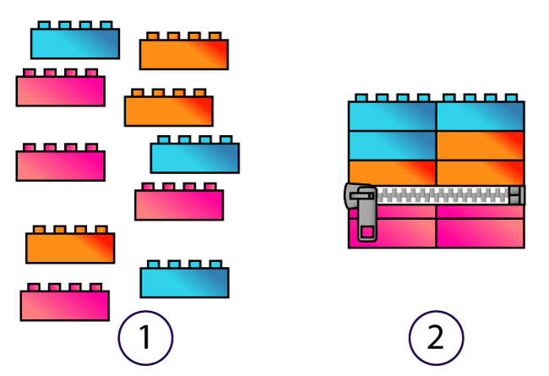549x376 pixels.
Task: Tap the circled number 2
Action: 436,338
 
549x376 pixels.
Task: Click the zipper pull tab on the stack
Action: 367,218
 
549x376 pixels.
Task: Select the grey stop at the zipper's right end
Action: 516,196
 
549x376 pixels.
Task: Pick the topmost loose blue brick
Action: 75,43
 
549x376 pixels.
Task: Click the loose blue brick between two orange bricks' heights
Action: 194,157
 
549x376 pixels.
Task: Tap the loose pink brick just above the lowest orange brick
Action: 60,165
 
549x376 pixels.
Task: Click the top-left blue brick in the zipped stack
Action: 392,116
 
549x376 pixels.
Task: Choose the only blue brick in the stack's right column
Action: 480,116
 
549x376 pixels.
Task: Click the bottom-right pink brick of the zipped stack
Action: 480,234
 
